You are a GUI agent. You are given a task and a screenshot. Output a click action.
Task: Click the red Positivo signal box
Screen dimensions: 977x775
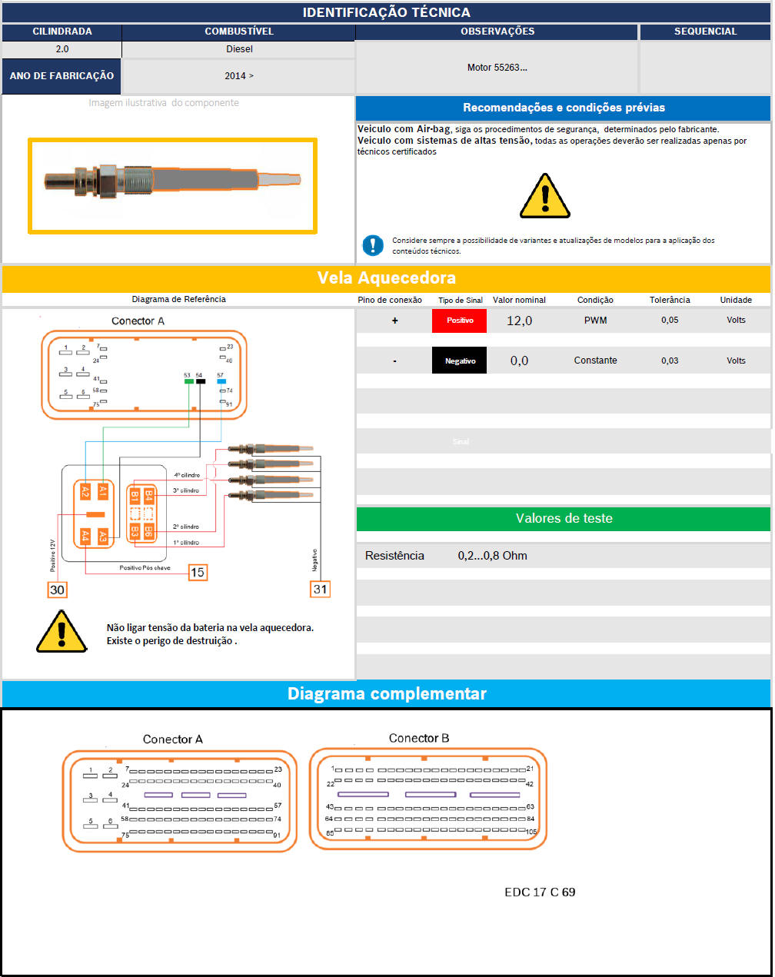pyautogui.click(x=460, y=321)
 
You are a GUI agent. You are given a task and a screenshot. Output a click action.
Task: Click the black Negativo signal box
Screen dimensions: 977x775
pyautogui.click(x=460, y=361)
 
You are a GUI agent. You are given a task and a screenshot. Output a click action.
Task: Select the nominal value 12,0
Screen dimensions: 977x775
pyautogui.click(x=519, y=321)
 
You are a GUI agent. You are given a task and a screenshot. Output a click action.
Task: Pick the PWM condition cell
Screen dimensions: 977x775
pyautogui.click(x=595, y=321)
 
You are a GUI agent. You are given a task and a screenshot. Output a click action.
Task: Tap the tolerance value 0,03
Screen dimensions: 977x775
pyautogui.click(x=670, y=361)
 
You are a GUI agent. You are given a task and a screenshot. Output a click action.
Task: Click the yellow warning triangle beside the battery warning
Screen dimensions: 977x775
pyautogui.click(x=62, y=633)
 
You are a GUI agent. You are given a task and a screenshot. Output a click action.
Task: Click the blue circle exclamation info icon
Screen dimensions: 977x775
pyautogui.click(x=373, y=245)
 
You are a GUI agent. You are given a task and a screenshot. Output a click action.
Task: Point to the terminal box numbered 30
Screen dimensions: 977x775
pyautogui.click(x=57, y=590)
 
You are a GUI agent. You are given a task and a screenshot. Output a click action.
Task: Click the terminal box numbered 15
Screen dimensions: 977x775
pyautogui.click(x=198, y=572)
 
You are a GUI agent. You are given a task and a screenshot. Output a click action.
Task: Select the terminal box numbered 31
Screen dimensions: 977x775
pyautogui.click(x=320, y=589)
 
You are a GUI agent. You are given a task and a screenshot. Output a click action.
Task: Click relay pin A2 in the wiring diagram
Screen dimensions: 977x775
pyautogui.click(x=85, y=492)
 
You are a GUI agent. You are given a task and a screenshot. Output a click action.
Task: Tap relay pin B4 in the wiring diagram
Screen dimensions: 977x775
pyautogui.click(x=149, y=496)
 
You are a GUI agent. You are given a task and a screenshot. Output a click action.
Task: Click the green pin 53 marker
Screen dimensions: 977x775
pyautogui.click(x=188, y=381)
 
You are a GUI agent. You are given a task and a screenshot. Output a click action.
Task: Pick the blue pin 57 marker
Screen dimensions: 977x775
pyautogui.click(x=221, y=381)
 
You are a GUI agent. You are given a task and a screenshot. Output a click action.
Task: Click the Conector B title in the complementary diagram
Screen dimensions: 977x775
pyautogui.click(x=419, y=738)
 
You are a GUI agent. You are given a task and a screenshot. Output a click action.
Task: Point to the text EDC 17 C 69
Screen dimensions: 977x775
pyautogui.click(x=540, y=892)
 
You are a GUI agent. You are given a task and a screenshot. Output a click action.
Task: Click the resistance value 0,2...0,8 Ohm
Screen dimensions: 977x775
pyautogui.click(x=492, y=556)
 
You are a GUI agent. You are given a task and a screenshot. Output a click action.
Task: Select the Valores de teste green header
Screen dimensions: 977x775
pyautogui.click(x=564, y=519)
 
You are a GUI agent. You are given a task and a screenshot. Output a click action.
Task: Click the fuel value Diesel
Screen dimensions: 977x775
pyautogui.click(x=239, y=49)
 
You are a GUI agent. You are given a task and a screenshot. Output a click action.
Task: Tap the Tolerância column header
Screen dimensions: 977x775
pyautogui.click(x=670, y=300)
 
